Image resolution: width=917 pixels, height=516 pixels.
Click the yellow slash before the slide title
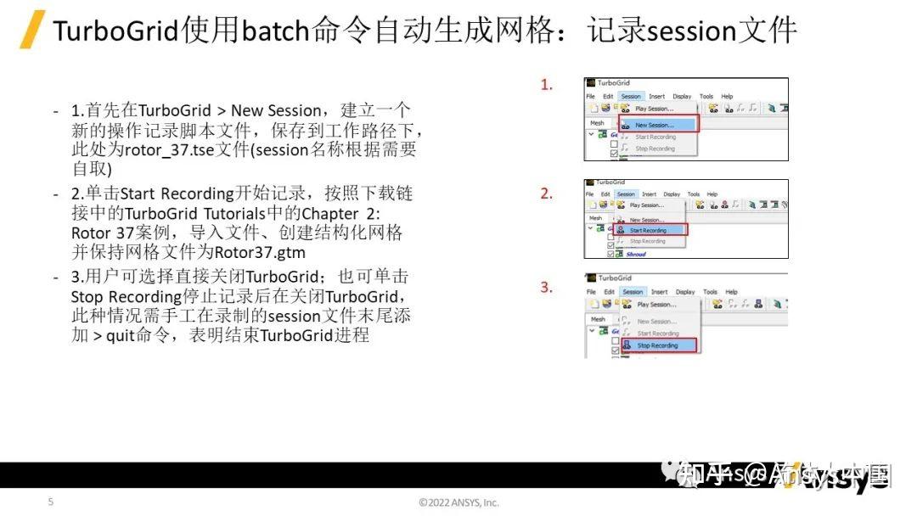pyautogui.click(x=32, y=31)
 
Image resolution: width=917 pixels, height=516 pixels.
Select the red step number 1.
pyautogui.click(x=547, y=84)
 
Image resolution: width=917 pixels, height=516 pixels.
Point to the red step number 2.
pyautogui.click(x=547, y=193)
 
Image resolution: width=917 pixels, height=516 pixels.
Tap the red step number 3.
pyautogui.click(x=547, y=287)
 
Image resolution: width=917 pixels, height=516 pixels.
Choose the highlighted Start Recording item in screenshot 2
pyautogui.click(x=650, y=230)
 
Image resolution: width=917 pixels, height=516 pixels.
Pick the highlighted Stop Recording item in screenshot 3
pyautogui.click(x=658, y=345)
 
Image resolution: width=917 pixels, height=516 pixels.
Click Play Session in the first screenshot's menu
pyautogui.click(x=654, y=109)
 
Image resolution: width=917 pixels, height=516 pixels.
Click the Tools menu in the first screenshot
pyautogui.click(x=706, y=97)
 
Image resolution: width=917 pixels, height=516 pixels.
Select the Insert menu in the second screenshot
pyautogui.click(x=650, y=194)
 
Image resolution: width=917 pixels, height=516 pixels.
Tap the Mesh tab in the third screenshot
pyautogui.click(x=599, y=319)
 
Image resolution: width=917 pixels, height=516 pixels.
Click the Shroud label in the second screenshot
pyautogui.click(x=637, y=253)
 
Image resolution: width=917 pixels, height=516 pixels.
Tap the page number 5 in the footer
pyautogui.click(x=50, y=502)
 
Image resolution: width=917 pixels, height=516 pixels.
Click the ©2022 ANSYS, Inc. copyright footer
pyautogui.click(x=458, y=502)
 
